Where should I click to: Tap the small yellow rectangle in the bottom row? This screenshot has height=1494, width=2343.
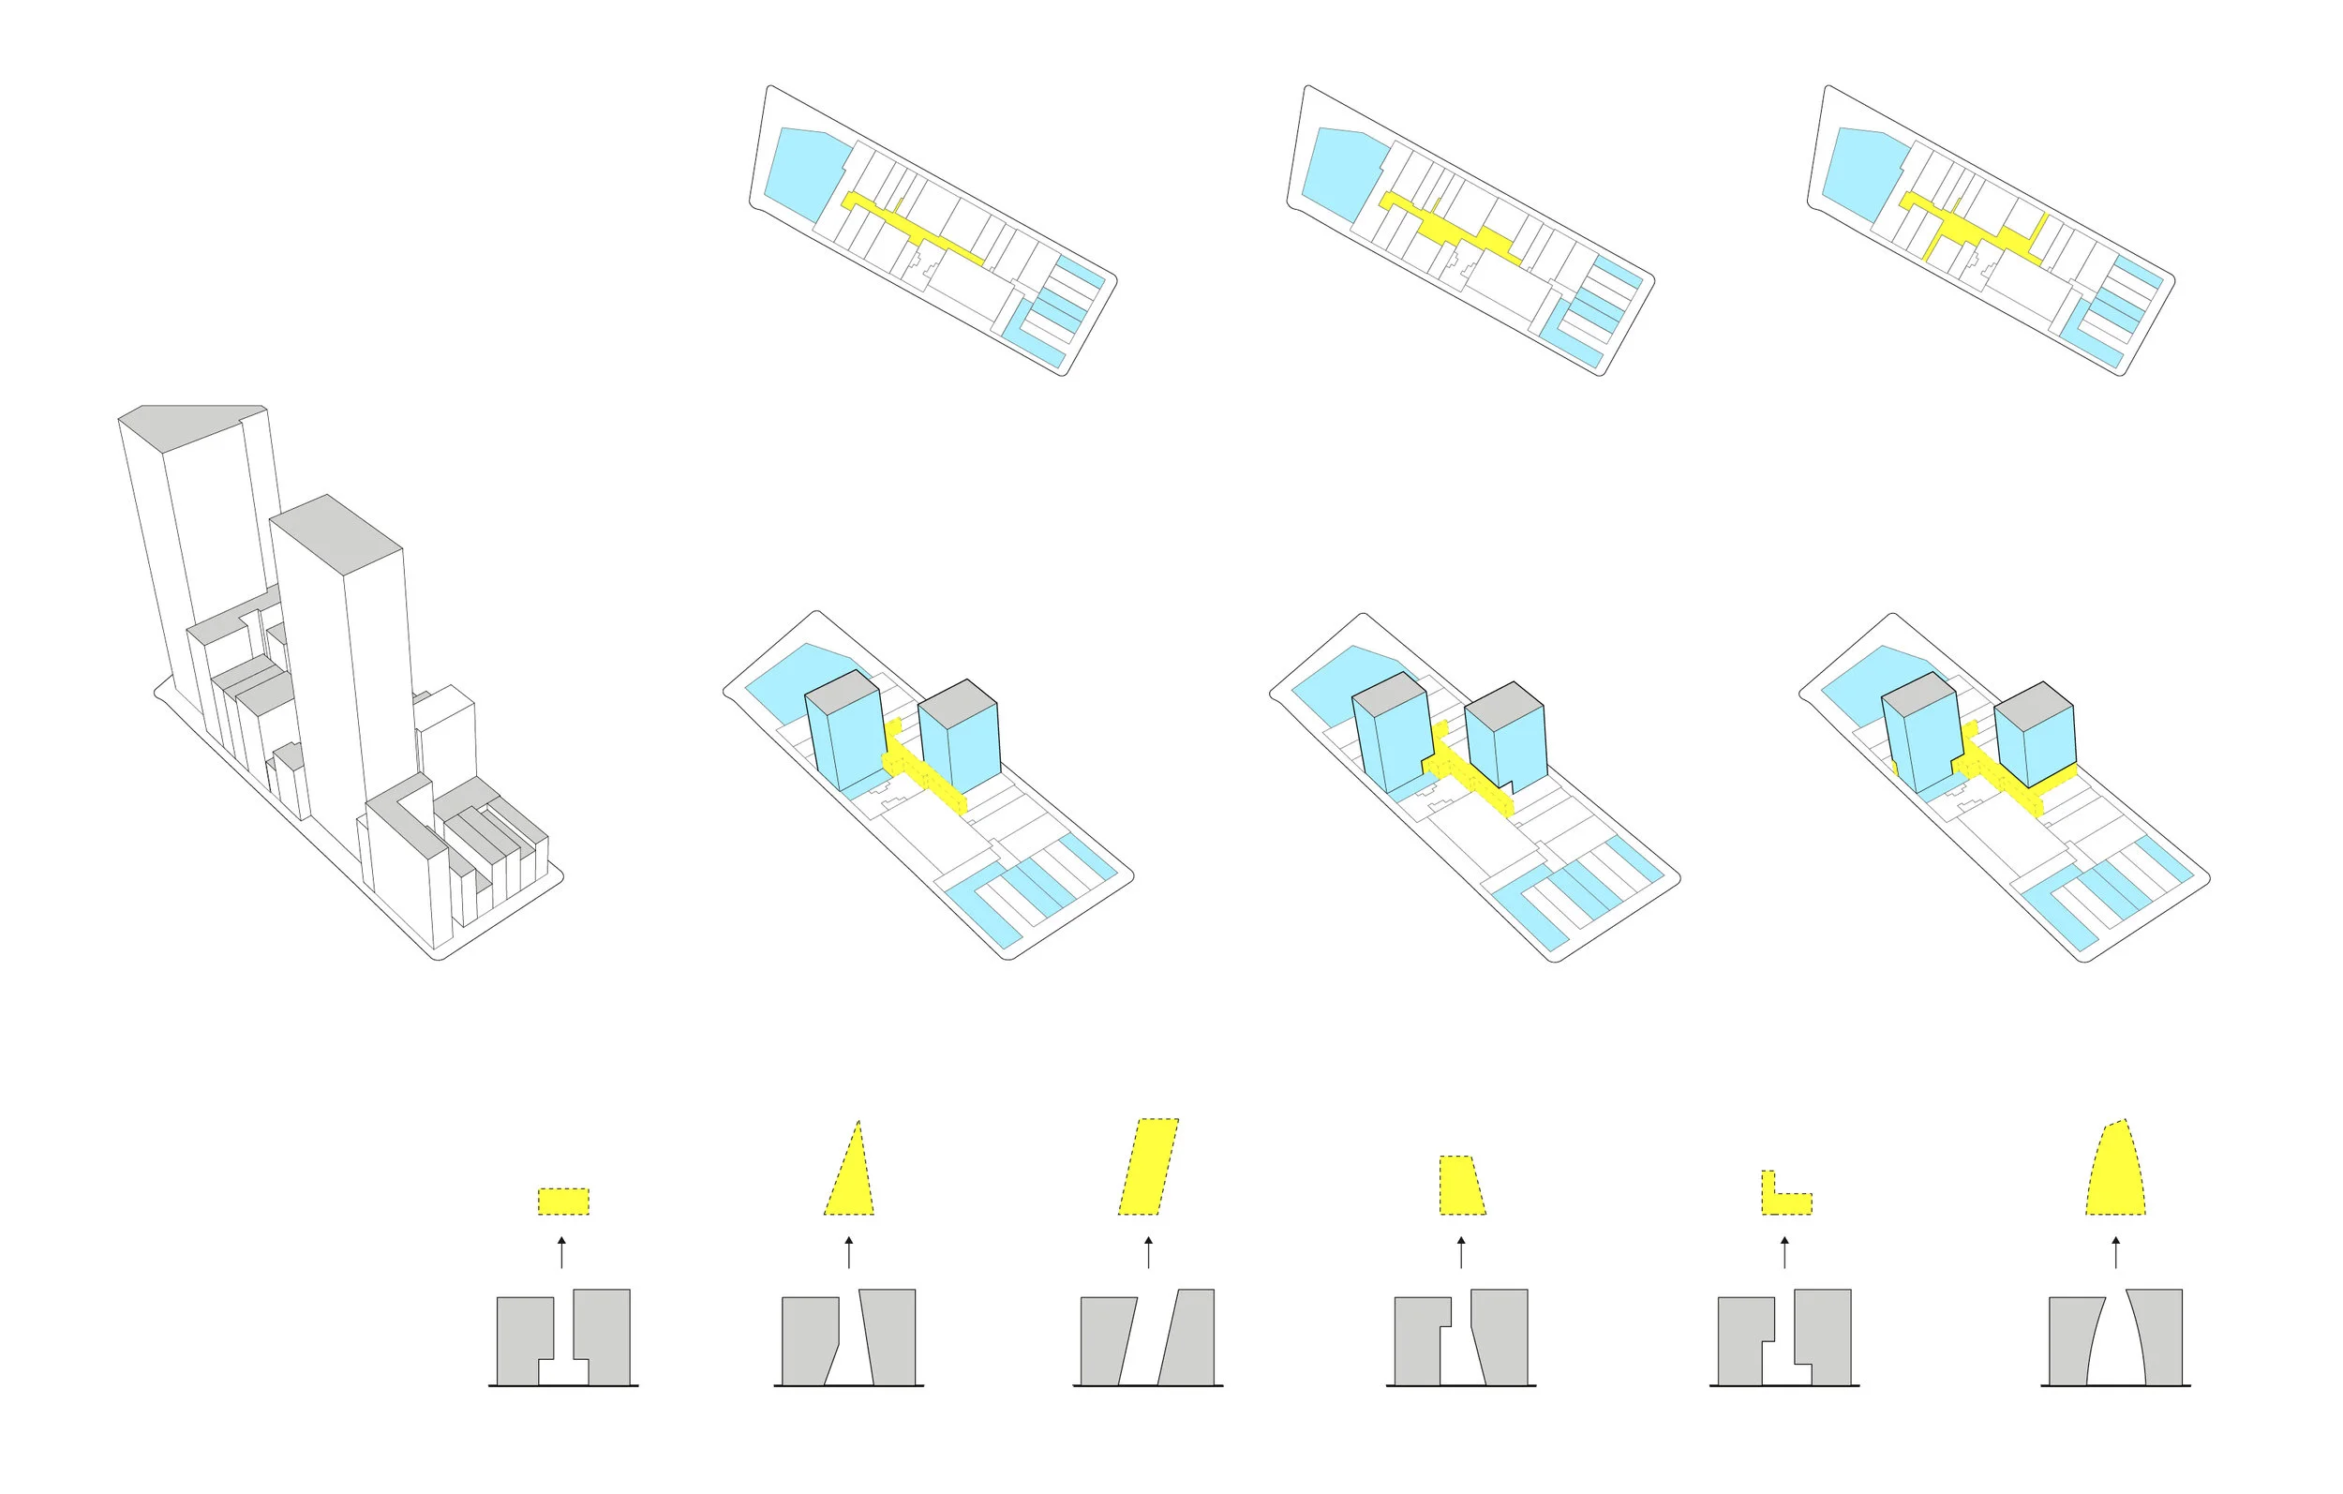pyautogui.click(x=563, y=1201)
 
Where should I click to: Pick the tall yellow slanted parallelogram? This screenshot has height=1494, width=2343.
pyautogui.click(x=1148, y=1166)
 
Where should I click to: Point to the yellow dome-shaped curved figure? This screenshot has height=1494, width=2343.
pyautogui.click(x=2115, y=1173)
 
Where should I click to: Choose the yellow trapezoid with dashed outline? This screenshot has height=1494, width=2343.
pyautogui.click(x=1460, y=1187)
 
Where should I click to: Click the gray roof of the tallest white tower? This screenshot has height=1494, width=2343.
pyautogui.click(x=189, y=426)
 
